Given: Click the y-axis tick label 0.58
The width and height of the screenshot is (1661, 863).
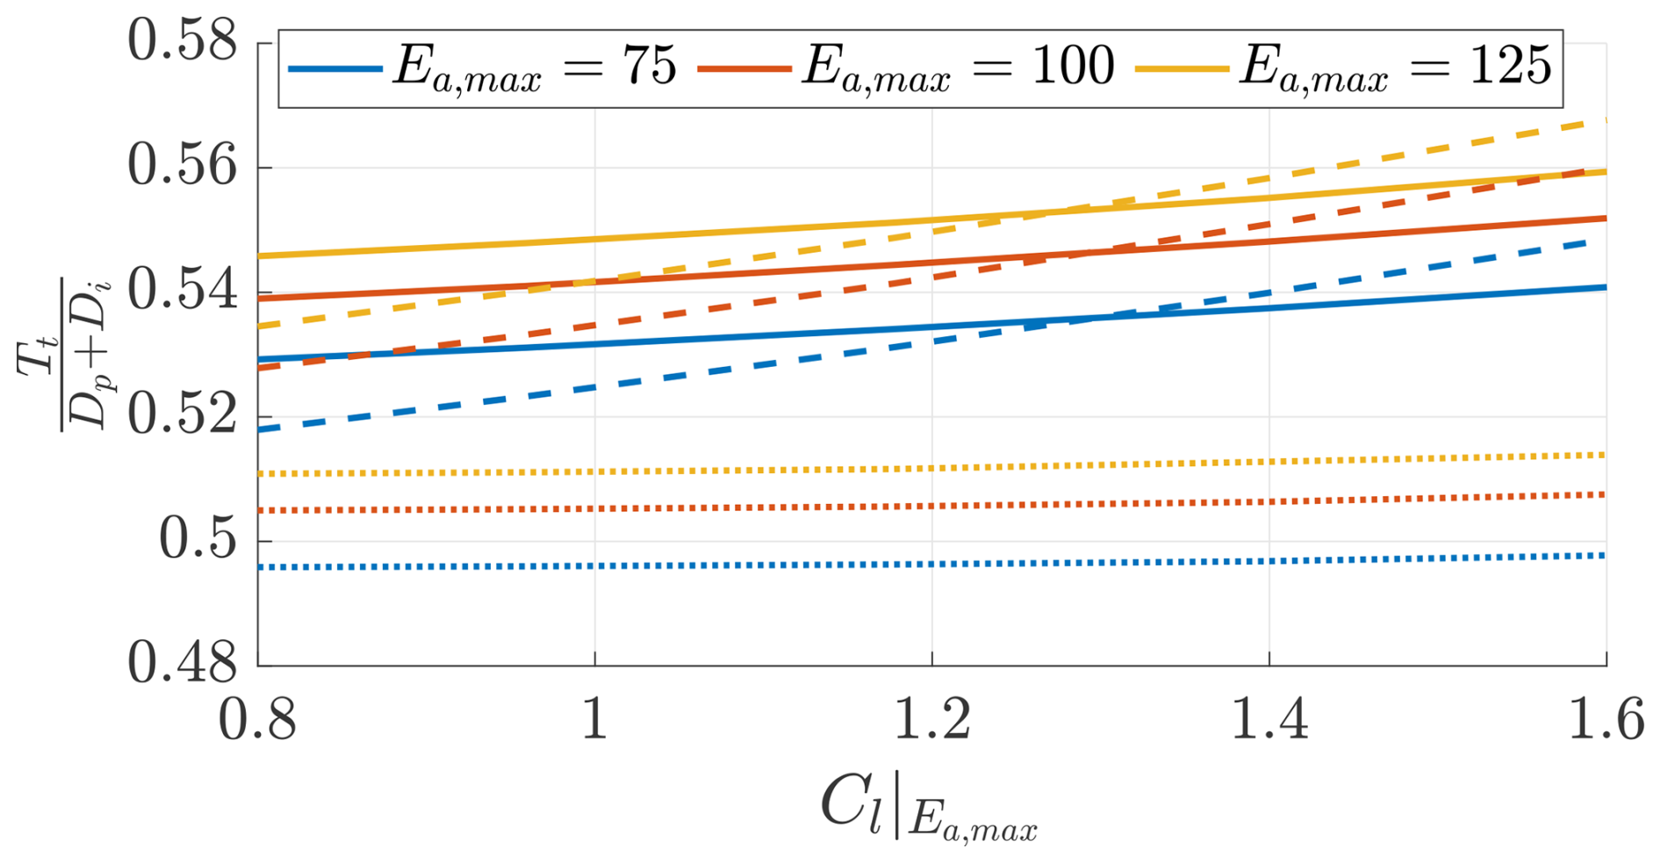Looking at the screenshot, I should click(x=183, y=41).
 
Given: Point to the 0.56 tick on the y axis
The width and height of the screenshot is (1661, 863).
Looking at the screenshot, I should click(x=183, y=166).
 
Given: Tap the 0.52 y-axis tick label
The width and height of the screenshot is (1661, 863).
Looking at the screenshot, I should click(x=183, y=415).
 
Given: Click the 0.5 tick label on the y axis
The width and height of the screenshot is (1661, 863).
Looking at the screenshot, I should click(x=198, y=539).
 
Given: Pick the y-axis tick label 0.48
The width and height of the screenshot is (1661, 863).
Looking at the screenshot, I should click(x=183, y=663).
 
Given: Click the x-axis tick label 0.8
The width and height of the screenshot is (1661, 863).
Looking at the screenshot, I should click(x=257, y=720).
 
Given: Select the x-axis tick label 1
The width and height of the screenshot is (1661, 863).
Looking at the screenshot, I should click(x=595, y=720).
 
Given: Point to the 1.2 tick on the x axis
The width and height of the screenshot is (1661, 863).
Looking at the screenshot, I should click(x=931, y=720).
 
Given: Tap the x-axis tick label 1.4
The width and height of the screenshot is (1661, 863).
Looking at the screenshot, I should click(x=1269, y=720).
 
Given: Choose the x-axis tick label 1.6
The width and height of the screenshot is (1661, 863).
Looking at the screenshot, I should click(x=1606, y=720).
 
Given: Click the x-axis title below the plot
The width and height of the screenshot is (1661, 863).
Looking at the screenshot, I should click(x=929, y=809).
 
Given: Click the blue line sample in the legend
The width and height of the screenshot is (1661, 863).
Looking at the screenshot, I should click(x=334, y=68).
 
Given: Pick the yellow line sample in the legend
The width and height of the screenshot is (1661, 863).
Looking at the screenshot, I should click(x=1181, y=68).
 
